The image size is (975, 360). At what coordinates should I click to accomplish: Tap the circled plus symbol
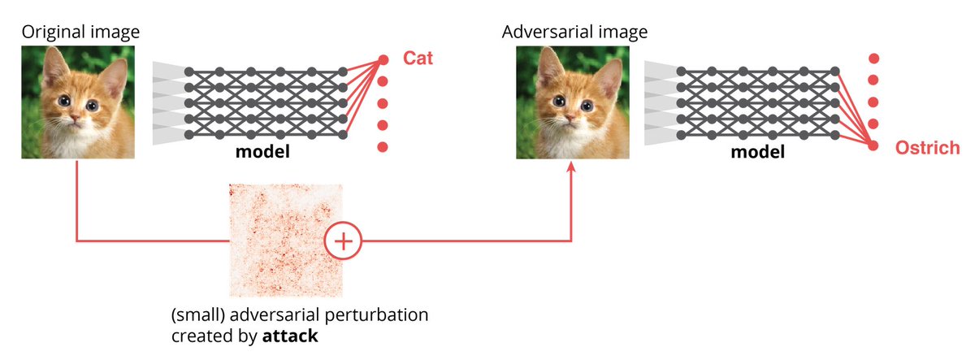pyautogui.click(x=342, y=241)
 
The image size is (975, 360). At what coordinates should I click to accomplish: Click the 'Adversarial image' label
pyautogui.click(x=574, y=32)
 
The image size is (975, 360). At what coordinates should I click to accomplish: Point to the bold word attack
pyautogui.click(x=289, y=335)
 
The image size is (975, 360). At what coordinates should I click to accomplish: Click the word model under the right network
pyautogui.click(x=757, y=153)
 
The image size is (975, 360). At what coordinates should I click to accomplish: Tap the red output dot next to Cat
pyautogui.click(x=383, y=59)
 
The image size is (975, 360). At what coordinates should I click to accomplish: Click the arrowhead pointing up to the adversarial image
pyautogui.click(x=571, y=167)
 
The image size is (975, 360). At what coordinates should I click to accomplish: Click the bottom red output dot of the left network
pyautogui.click(x=383, y=146)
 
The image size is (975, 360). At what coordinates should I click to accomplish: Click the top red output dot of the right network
pyautogui.click(x=873, y=59)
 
